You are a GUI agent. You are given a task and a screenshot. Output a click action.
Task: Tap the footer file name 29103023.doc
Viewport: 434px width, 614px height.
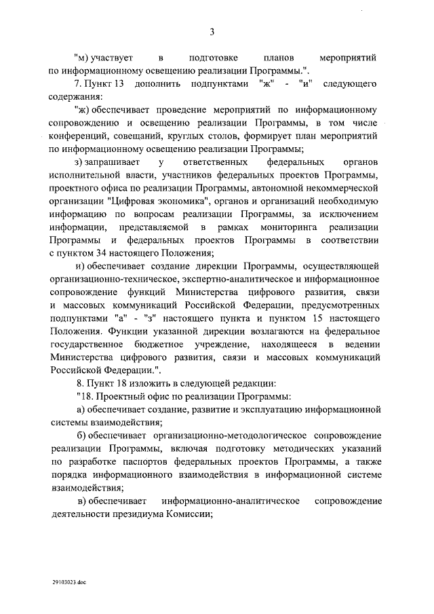(69, 582)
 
